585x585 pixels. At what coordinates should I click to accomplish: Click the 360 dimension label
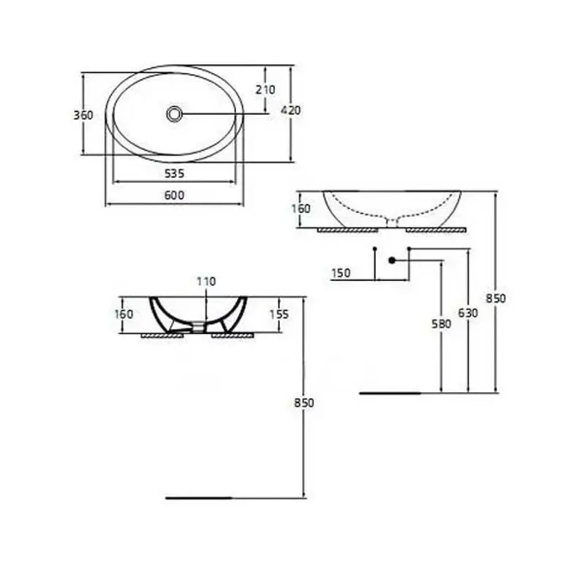pyautogui.click(x=83, y=115)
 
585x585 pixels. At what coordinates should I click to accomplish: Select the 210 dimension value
pyautogui.click(x=265, y=89)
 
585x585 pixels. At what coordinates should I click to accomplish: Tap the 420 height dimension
pyautogui.click(x=291, y=110)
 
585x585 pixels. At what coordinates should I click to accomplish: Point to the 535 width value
pyautogui.click(x=173, y=173)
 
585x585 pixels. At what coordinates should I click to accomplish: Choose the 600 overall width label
pyautogui.click(x=173, y=195)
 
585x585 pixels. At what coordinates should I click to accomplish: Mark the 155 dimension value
pyautogui.click(x=280, y=314)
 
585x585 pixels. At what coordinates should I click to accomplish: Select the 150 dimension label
pyautogui.click(x=341, y=273)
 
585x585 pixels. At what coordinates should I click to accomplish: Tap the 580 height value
pyautogui.click(x=442, y=323)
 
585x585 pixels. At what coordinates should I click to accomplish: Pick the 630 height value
pyautogui.click(x=468, y=313)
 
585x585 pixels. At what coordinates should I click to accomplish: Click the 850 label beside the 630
pyautogui.click(x=496, y=298)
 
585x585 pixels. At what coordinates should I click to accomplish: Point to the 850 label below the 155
pyautogui.click(x=303, y=403)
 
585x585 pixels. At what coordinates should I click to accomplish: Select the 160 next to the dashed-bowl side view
pyautogui.click(x=301, y=208)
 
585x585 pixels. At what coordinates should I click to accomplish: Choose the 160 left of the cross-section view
pyautogui.click(x=124, y=314)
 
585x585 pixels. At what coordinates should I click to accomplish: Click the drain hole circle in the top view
pyautogui.click(x=174, y=113)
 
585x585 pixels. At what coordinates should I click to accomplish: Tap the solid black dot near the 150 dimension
pyautogui.click(x=392, y=260)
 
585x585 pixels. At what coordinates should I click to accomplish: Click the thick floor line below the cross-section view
pyautogui.click(x=198, y=498)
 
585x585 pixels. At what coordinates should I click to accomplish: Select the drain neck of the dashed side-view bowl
pyautogui.click(x=392, y=222)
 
